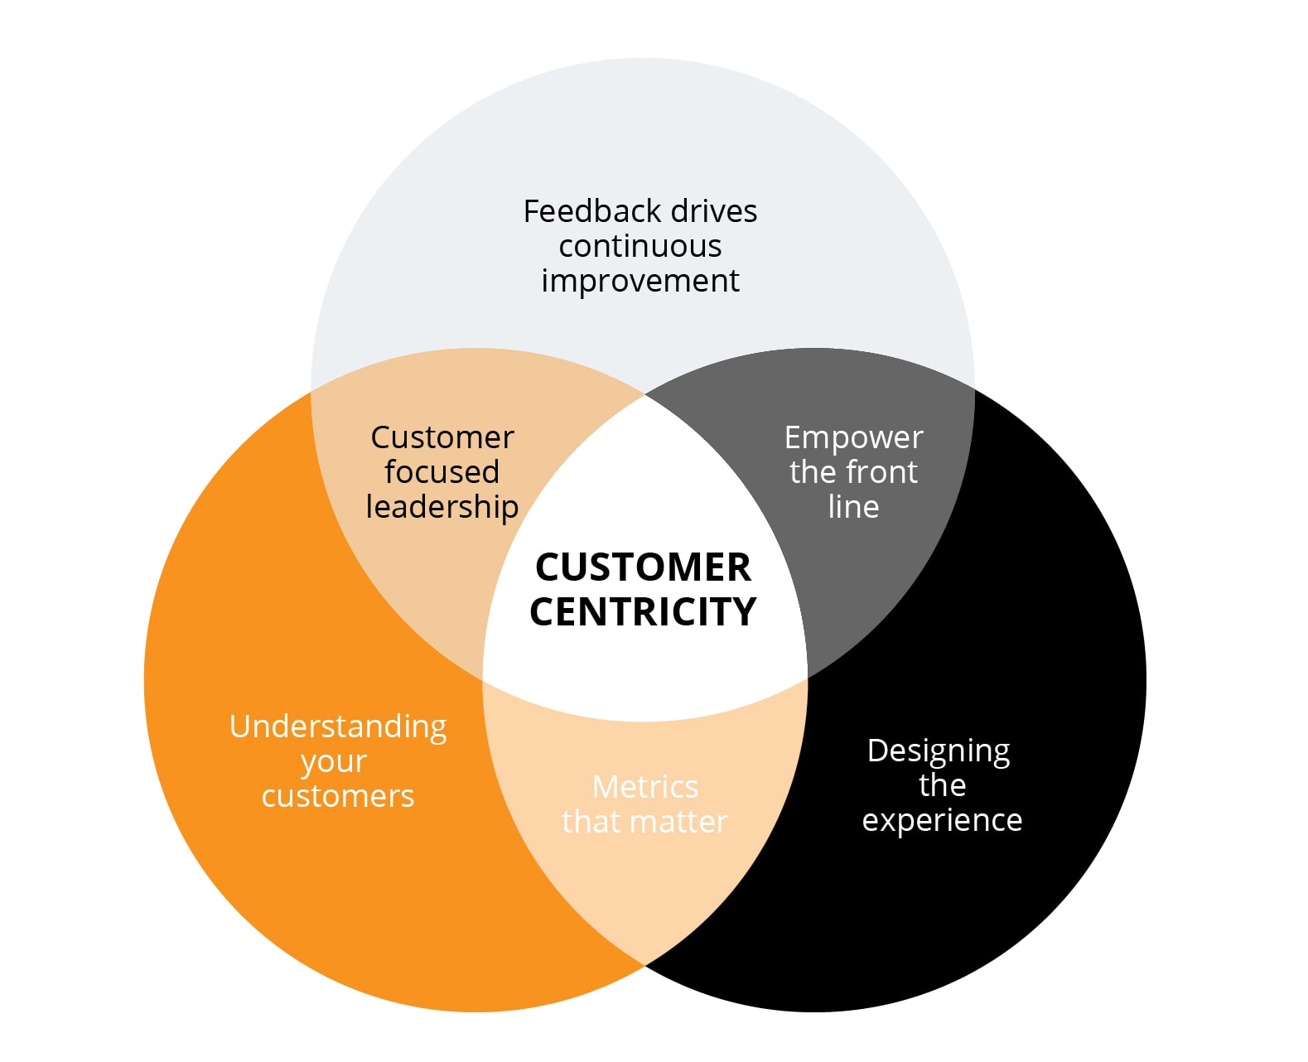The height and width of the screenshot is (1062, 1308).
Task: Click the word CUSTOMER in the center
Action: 643,567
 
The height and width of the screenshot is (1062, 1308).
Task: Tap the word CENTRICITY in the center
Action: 643,612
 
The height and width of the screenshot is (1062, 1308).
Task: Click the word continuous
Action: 640,246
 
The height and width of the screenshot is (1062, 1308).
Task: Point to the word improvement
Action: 640,281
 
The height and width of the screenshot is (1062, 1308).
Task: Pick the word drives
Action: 714,211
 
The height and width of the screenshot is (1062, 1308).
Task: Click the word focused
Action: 442,472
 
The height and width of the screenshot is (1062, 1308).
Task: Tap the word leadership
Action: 442,506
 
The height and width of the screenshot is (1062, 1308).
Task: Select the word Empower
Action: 853,438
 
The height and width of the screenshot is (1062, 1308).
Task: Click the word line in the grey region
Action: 853,506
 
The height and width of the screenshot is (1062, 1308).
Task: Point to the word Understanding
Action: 338,727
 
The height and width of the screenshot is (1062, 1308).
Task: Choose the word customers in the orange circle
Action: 338,796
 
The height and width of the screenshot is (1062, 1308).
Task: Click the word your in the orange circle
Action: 334,763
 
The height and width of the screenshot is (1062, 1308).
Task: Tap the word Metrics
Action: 645,787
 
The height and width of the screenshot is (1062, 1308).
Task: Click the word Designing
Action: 939,751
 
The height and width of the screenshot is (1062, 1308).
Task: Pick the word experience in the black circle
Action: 942,820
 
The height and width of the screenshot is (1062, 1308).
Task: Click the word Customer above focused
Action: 442,437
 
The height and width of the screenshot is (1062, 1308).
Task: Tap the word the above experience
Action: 942,785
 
